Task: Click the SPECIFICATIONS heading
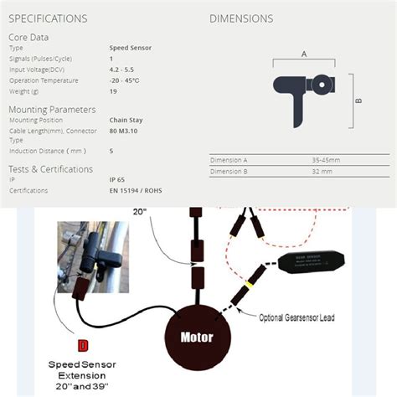(48, 18)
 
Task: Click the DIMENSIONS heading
(241, 18)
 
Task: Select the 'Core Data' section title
(28, 37)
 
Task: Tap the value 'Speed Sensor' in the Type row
(129, 49)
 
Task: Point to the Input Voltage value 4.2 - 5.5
(121, 70)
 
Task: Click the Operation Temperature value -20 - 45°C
(125, 80)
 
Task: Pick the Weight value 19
(112, 91)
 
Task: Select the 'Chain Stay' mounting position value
(126, 120)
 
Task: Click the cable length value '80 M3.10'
(126, 131)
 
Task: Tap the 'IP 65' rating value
(118, 179)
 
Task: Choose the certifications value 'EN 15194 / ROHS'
(136, 190)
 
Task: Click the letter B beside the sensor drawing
(357, 101)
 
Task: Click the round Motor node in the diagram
(196, 338)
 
